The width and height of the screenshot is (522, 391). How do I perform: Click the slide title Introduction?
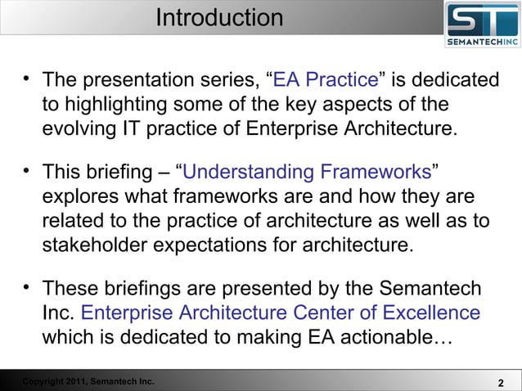[219, 17]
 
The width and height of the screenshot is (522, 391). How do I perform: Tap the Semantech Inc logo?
[481, 25]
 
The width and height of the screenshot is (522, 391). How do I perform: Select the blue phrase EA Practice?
[325, 80]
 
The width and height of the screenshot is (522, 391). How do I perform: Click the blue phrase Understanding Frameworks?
[307, 173]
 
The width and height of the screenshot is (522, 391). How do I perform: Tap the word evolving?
[80, 128]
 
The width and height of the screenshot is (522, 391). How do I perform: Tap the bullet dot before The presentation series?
[27, 79]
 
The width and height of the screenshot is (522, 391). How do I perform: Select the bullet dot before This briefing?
[27, 171]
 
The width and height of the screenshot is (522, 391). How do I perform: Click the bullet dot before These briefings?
[27, 287]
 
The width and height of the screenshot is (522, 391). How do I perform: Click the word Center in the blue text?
[317, 312]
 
